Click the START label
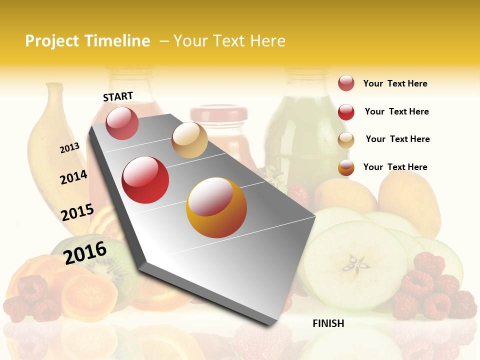click(118, 96)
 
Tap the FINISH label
click(328, 323)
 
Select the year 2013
click(69, 148)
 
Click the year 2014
click(73, 177)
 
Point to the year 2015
click(77, 212)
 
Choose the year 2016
click(85, 252)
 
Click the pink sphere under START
click(122, 123)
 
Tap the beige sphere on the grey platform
click(189, 139)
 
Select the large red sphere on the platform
click(145, 180)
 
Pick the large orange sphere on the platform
click(216, 207)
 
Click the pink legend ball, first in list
click(346, 83)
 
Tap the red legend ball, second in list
click(346, 112)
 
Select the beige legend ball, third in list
click(346, 140)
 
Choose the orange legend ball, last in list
click(346, 167)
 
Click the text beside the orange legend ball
click(395, 167)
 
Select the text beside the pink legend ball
click(395, 83)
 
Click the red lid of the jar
click(218, 113)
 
